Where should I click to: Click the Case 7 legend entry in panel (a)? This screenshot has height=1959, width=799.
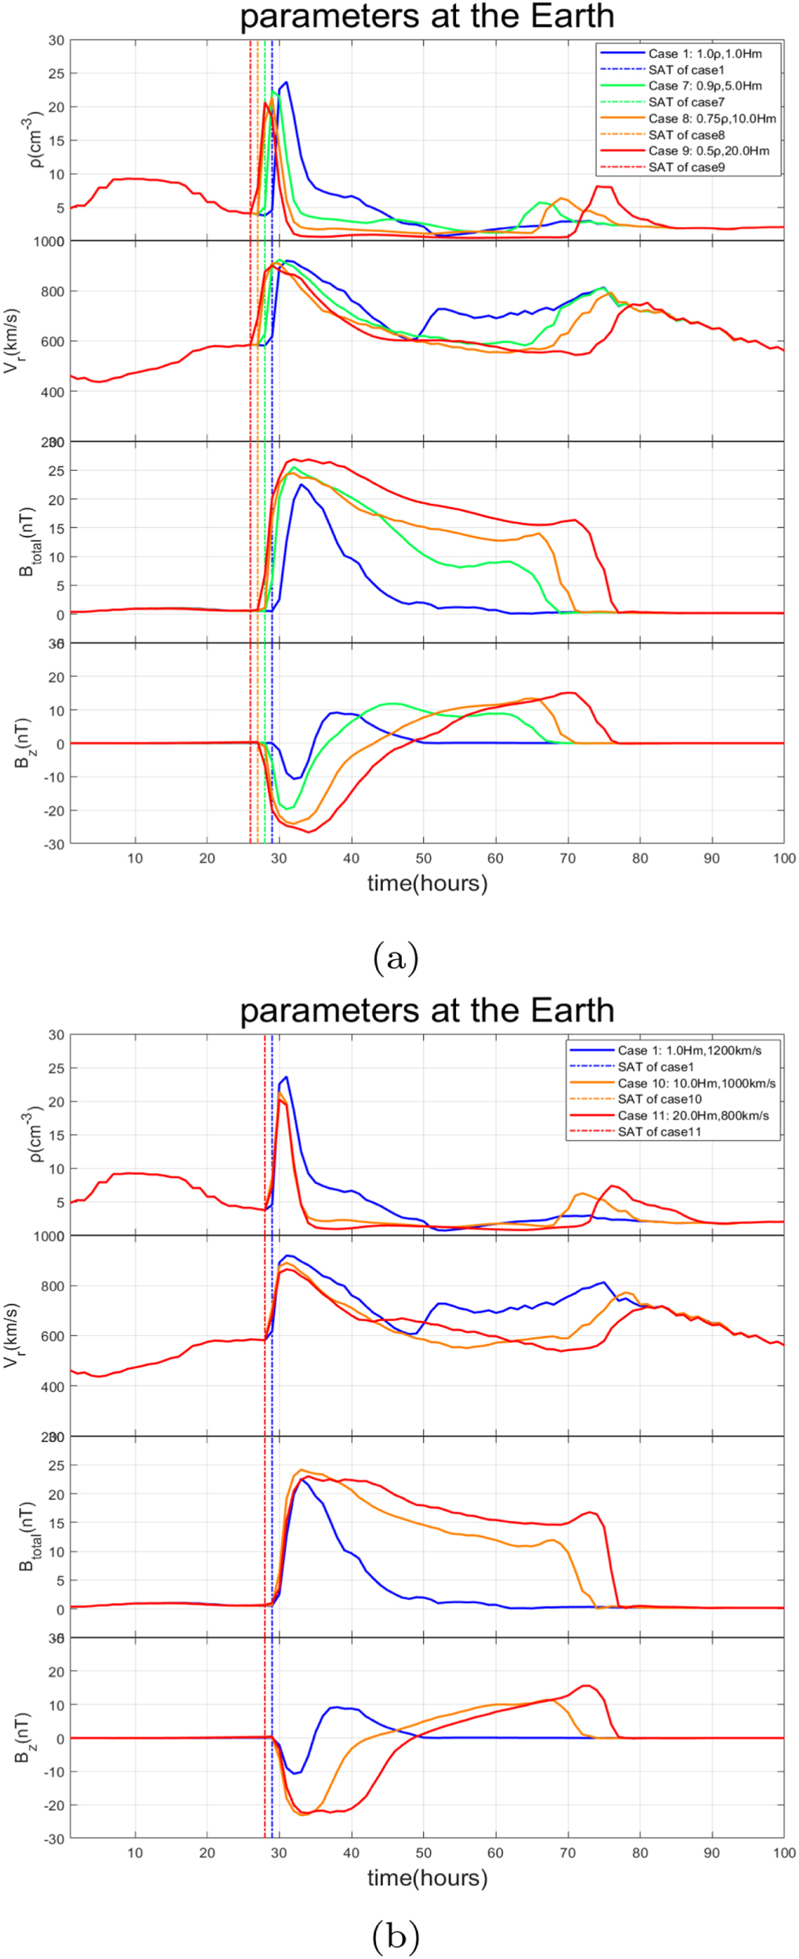pyautogui.click(x=704, y=85)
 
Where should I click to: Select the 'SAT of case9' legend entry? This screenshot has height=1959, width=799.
pyautogui.click(x=686, y=167)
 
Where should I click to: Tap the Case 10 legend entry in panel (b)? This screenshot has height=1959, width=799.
pyautogui.click(x=696, y=1083)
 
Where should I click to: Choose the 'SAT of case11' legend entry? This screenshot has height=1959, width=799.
pyautogui.click(x=659, y=1132)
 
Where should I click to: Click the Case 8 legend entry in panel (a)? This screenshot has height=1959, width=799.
pyautogui.click(x=711, y=118)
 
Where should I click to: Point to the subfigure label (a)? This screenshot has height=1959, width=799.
pyautogui.click(x=396, y=958)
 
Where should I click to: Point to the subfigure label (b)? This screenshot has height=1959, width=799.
pyautogui.click(x=396, y=1936)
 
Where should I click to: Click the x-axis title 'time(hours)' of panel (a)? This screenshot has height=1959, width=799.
pyautogui.click(x=427, y=883)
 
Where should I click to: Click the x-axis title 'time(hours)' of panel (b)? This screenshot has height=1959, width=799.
pyautogui.click(x=427, y=1878)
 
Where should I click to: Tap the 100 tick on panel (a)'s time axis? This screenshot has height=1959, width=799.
pyautogui.click(x=783, y=858)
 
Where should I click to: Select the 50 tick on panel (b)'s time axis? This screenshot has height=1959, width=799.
pyautogui.click(x=423, y=1852)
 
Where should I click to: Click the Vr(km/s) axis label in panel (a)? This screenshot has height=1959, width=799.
pyautogui.click(x=11, y=341)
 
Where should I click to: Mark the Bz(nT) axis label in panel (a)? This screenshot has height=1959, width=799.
pyautogui.click(x=23, y=743)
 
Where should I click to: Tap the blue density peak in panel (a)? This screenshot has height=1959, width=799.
pyautogui.click(x=287, y=82)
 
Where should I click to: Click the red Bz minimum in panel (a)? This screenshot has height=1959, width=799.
pyautogui.click(x=309, y=831)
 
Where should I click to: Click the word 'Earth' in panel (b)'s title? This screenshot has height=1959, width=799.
pyautogui.click(x=573, y=1010)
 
